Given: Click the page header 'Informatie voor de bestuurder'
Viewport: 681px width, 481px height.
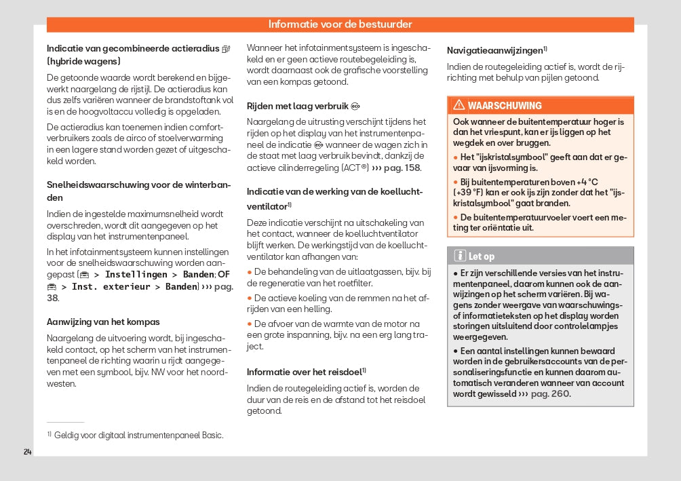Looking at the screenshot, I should pyautogui.click(x=340, y=24).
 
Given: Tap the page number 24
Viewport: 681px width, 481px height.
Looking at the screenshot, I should pyautogui.click(x=27, y=452).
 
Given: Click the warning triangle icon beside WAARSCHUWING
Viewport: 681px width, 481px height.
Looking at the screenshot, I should pyautogui.click(x=459, y=105).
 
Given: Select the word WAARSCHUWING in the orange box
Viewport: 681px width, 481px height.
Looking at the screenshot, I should pyautogui.click(x=505, y=106).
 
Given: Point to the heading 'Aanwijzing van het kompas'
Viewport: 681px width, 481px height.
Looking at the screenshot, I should pyautogui.click(x=103, y=322).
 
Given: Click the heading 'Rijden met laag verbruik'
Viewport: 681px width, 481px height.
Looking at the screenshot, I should pyautogui.click(x=297, y=106).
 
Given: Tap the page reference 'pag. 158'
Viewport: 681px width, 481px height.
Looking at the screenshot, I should pyautogui.click(x=402, y=168).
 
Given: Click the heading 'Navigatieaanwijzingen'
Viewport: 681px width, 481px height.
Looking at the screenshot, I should pyautogui.click(x=495, y=50).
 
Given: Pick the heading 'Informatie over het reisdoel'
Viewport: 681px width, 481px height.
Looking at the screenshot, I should pyautogui.click(x=304, y=372).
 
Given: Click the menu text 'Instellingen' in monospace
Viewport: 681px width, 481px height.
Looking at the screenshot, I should pyautogui.click(x=136, y=274).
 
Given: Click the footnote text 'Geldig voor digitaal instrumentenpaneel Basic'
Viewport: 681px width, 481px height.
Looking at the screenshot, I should pyautogui.click(x=138, y=435).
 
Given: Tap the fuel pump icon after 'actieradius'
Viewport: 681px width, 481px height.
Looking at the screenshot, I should pyautogui.click(x=226, y=49).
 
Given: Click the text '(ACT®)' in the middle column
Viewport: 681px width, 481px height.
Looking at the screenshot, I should pyautogui.click(x=355, y=168).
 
